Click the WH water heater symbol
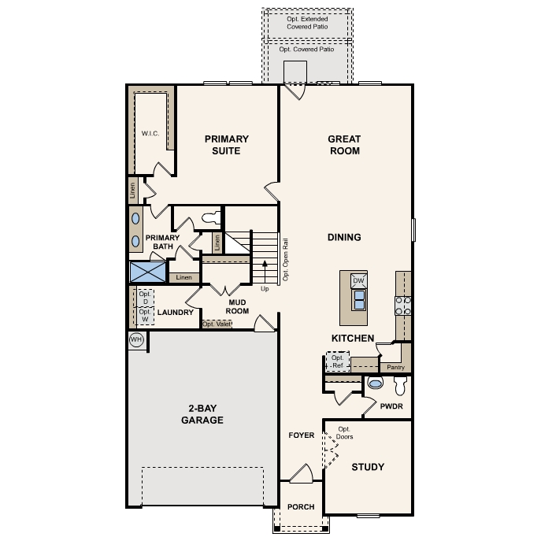coord(136,339)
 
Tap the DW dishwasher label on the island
coord(358,280)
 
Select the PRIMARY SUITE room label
coord(227,145)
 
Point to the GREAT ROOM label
coord(344,145)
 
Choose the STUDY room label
coord(367,467)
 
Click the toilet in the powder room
coord(398,386)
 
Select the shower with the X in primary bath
coord(148,272)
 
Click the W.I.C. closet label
coord(150,134)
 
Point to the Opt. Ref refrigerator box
coord(337,362)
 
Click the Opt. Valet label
coord(217,324)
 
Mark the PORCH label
coord(301,506)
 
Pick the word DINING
coord(344,237)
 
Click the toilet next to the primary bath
coord(209,215)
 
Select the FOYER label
coord(301,435)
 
